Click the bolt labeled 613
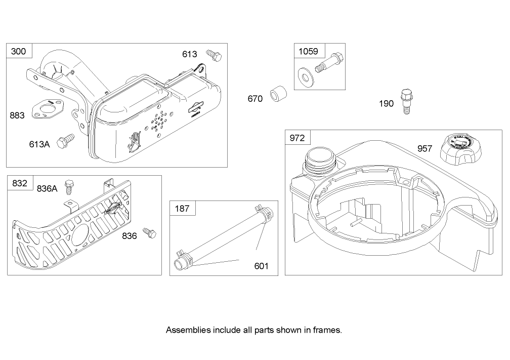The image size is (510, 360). pyautogui.click(x=214, y=55)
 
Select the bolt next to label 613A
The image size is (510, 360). pyautogui.click(x=66, y=141)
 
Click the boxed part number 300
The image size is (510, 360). pyautogui.click(x=19, y=51)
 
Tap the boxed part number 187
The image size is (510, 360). pyautogui.click(x=182, y=208)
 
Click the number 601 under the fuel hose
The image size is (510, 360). pyautogui.click(x=261, y=266)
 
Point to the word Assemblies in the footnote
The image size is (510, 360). pyautogui.click(x=186, y=330)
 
